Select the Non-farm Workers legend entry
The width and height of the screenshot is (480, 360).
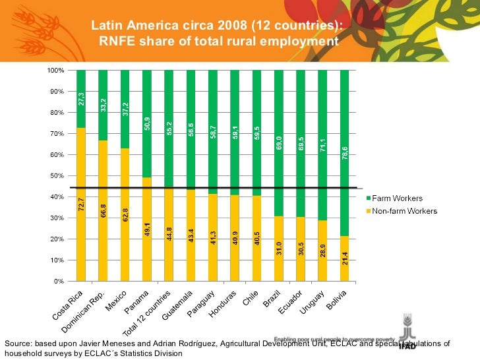click(x=404, y=211)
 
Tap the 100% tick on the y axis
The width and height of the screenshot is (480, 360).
click(x=55, y=70)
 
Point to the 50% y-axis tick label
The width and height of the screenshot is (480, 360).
click(x=56, y=175)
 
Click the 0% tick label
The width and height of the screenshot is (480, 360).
click(x=58, y=281)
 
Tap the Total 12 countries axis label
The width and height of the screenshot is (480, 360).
click(x=148, y=313)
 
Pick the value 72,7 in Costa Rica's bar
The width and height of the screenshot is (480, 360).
click(x=81, y=204)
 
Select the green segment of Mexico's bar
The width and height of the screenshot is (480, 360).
click(x=125, y=109)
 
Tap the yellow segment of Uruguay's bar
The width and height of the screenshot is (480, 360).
click(x=322, y=251)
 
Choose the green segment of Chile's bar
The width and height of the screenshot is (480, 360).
click(x=256, y=133)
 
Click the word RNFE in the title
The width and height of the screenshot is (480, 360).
click(x=117, y=42)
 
